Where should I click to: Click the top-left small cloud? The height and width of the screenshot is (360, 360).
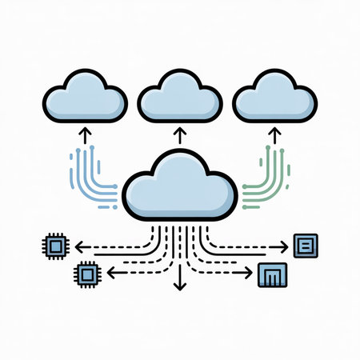click(x=85, y=99)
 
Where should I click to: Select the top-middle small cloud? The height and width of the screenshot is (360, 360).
click(x=179, y=99)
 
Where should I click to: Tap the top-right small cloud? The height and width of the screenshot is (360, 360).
click(x=274, y=99)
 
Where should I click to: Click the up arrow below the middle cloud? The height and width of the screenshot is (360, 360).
click(x=180, y=133)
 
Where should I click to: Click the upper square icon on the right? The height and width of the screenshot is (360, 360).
click(x=306, y=245)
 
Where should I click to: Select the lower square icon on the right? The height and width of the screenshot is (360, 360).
click(x=269, y=276)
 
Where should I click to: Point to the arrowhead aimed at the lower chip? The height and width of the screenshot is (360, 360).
click(x=110, y=274)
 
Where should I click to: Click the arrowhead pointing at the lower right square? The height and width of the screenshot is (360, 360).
click(x=249, y=274)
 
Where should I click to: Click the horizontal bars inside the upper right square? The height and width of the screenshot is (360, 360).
click(x=306, y=245)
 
